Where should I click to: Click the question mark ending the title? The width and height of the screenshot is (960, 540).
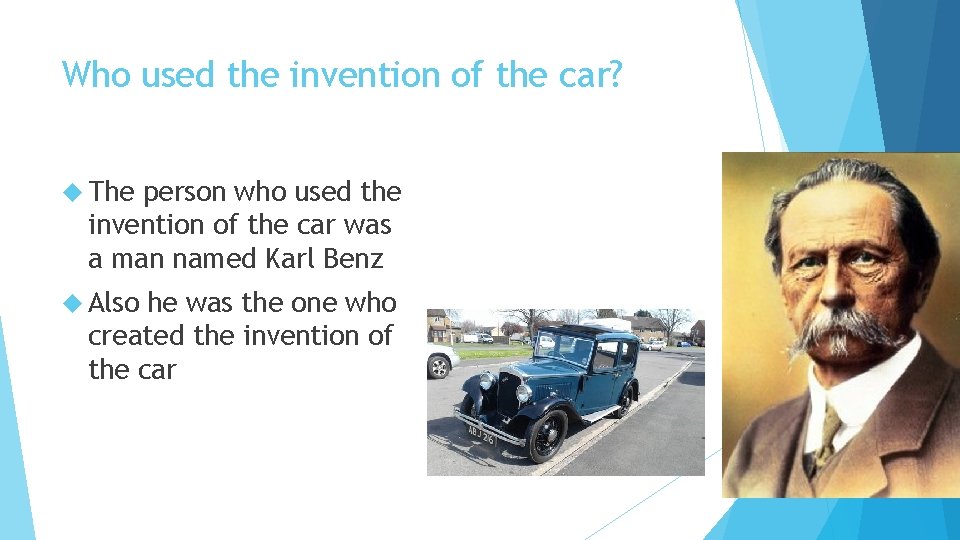click(x=612, y=75)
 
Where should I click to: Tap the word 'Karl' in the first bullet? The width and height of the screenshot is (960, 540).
click(x=290, y=259)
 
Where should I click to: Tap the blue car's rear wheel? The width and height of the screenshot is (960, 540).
click(x=625, y=400)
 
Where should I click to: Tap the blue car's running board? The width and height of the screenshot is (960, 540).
click(x=600, y=412)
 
